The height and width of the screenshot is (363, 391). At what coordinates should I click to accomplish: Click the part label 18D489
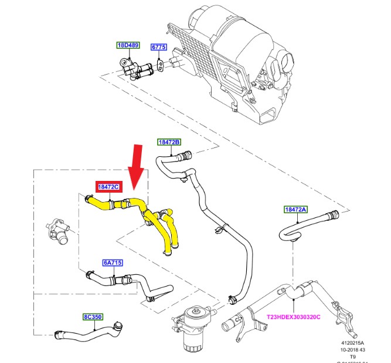(127, 45)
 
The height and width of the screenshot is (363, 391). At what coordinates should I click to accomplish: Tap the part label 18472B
(169, 142)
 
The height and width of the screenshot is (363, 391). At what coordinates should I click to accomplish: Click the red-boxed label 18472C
(108, 187)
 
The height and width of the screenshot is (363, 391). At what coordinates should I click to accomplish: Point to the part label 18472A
(295, 209)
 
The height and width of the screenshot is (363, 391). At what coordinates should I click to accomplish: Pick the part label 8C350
(92, 317)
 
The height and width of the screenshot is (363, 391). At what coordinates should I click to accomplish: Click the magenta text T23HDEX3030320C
(294, 317)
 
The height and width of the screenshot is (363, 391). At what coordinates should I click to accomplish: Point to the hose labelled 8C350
(88, 338)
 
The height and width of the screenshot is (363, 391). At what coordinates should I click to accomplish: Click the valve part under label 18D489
(132, 68)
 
